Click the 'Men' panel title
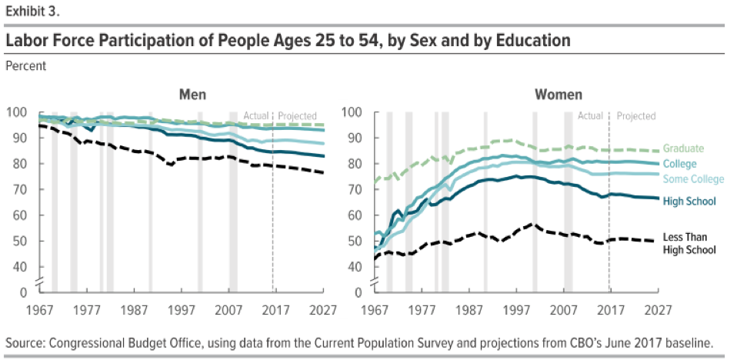(x=192, y=95)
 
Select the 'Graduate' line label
(x=685, y=148)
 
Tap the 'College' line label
(x=680, y=164)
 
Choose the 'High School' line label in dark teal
(x=689, y=201)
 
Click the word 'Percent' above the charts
(x=25, y=65)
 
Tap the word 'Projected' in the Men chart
(x=297, y=116)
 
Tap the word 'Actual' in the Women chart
(x=590, y=116)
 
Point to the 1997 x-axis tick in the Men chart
(x=182, y=310)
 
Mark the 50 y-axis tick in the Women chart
(x=356, y=241)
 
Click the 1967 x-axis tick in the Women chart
(x=375, y=310)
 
